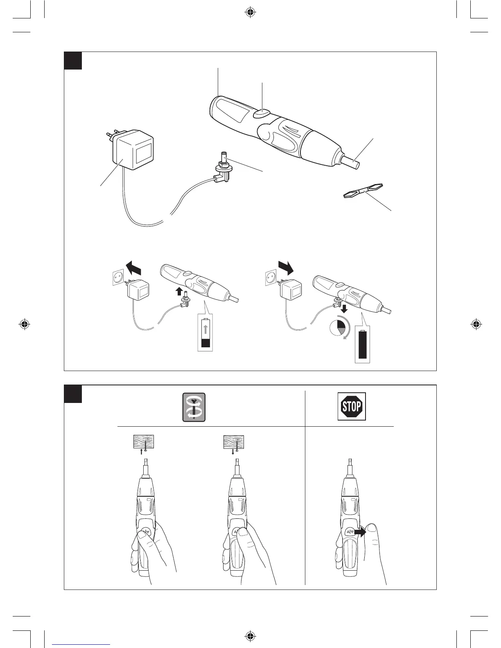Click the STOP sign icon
coord(352,406)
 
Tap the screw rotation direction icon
coord(194,407)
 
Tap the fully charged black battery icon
coord(363,344)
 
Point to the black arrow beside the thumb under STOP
coord(360,532)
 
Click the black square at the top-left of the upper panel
coord(73,61)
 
